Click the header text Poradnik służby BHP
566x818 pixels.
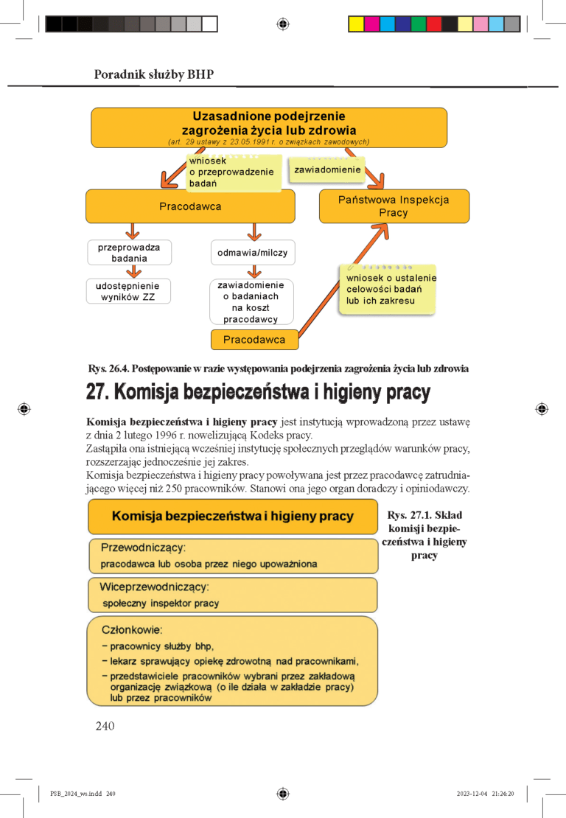[x=153, y=74]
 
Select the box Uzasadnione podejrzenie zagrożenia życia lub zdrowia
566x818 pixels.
[x=268, y=127]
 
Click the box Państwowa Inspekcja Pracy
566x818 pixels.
[x=394, y=206]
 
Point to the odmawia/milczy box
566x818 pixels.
[x=252, y=253]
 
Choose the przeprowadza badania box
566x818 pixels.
[x=129, y=253]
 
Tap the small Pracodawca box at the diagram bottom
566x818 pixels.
[x=254, y=340]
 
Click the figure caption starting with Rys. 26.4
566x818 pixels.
[x=278, y=368]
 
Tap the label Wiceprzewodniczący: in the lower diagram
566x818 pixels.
[x=154, y=587]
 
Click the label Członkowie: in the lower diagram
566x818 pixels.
[x=131, y=630]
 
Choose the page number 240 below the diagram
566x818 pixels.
[x=105, y=727]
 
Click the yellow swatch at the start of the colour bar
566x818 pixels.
[x=356, y=24]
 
